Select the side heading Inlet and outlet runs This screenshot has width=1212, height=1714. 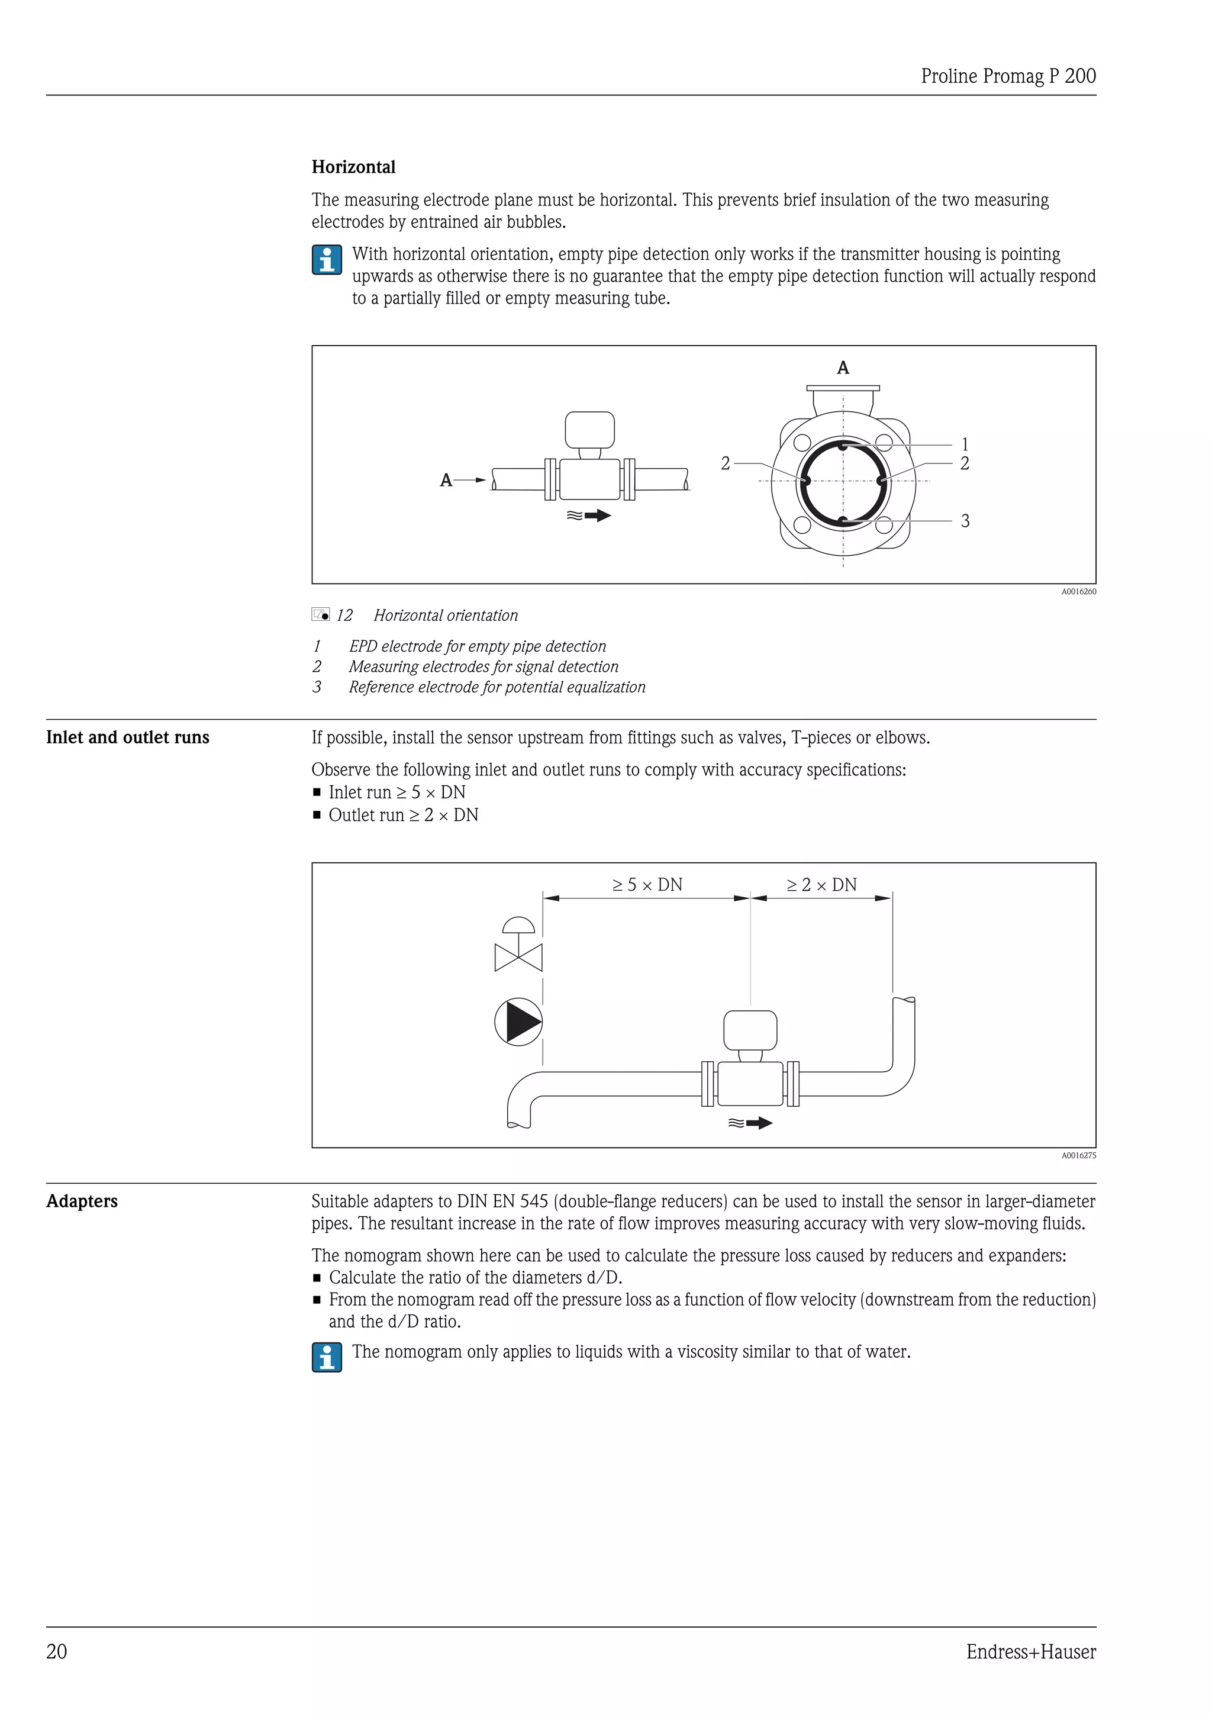[128, 737]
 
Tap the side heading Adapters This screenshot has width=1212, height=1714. [82, 1201]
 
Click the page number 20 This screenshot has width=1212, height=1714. [57, 1652]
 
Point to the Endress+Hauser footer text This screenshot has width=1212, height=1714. [1031, 1652]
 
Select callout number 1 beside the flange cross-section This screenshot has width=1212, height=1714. [964, 444]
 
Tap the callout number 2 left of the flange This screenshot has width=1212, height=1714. [726, 463]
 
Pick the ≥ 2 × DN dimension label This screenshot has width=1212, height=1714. [821, 885]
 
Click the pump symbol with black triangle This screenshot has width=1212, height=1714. [518, 1022]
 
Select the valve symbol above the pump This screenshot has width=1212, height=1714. [518, 946]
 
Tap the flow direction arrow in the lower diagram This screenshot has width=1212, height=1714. [751, 1123]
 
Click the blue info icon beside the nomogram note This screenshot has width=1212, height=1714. [327, 1357]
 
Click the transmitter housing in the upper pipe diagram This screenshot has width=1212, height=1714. [589, 431]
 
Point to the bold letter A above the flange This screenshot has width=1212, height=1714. [843, 368]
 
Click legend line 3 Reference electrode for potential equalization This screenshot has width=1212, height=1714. [497, 687]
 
